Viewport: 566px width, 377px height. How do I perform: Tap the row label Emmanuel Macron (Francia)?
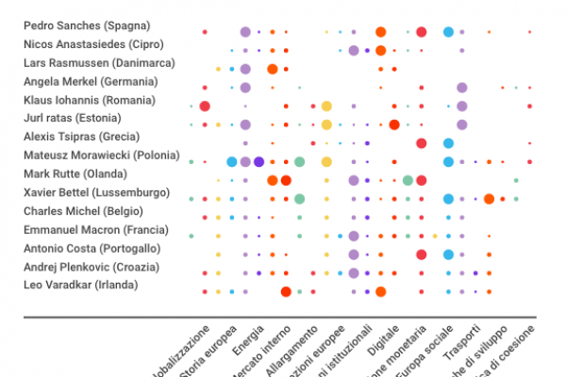pos(96,229)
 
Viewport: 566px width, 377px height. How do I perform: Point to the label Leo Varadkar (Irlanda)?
pos(80,285)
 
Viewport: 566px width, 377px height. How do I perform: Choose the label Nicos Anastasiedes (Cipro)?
pos(93,44)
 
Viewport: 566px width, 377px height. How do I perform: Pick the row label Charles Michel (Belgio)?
pos(83,211)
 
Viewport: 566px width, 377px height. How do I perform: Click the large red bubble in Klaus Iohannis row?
pos(205,106)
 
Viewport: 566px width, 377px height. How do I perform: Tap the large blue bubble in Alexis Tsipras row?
pos(448,143)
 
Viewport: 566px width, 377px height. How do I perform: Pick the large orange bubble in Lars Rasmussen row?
pos(272,69)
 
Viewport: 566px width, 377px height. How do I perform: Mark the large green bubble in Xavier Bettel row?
pos(299,198)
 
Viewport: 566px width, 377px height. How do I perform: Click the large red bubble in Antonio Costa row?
pos(421,254)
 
